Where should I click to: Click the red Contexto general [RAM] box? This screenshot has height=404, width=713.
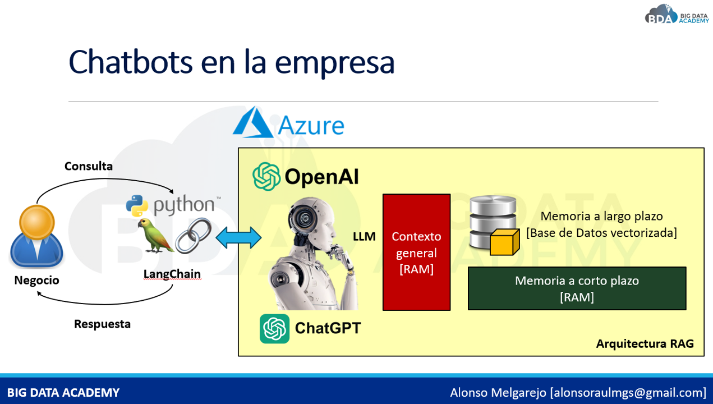click(x=416, y=252)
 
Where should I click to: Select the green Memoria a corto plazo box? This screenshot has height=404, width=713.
click(x=577, y=288)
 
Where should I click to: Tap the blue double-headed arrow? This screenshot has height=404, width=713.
click(x=238, y=237)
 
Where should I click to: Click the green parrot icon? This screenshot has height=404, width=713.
click(x=155, y=236)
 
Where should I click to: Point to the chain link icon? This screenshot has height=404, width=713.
click(x=193, y=236)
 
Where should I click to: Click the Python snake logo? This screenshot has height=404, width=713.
click(x=137, y=206)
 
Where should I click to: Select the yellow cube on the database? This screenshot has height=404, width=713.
click(x=504, y=242)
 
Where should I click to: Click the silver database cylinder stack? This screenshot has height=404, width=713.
click(x=493, y=222)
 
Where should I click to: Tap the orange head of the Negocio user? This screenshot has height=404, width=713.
click(x=37, y=222)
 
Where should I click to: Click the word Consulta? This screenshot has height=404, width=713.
click(x=89, y=166)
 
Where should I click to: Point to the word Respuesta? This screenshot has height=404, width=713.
click(x=102, y=324)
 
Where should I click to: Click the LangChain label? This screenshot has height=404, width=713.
click(x=172, y=274)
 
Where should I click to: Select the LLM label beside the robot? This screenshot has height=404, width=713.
click(x=364, y=237)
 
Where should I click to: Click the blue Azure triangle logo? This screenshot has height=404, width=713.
click(x=253, y=122)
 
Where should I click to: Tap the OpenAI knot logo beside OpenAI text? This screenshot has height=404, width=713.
click(x=266, y=176)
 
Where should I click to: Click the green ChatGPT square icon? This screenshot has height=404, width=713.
click(x=274, y=329)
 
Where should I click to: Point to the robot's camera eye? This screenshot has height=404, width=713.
click(x=304, y=218)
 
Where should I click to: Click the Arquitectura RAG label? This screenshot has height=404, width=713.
click(x=645, y=344)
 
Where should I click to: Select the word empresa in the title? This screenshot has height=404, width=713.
click(x=334, y=62)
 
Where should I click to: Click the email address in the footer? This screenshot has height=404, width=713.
click(x=628, y=393)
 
